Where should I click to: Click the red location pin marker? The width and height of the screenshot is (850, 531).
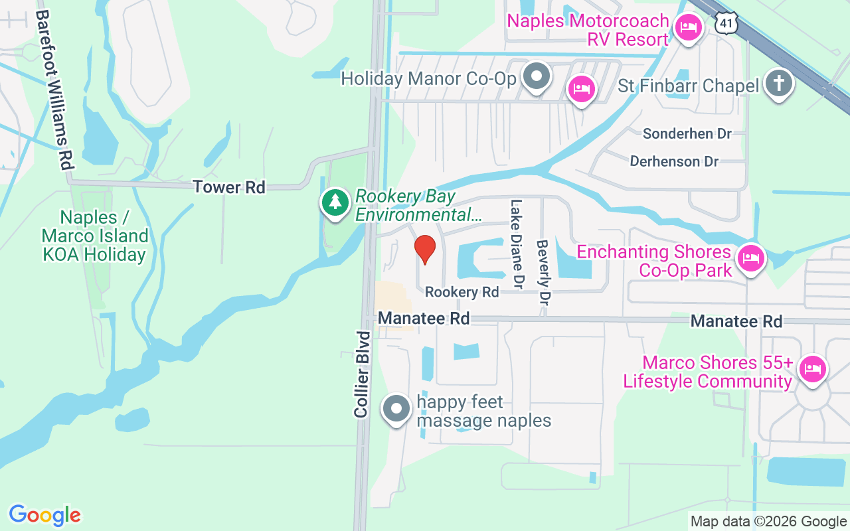pyautogui.click(x=425, y=249)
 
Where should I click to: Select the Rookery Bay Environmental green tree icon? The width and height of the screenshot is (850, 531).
pyautogui.click(x=335, y=202)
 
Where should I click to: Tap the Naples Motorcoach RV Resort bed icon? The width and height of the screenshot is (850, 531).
pyautogui.click(x=689, y=28)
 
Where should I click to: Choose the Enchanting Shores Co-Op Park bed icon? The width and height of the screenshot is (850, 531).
pyautogui.click(x=750, y=258)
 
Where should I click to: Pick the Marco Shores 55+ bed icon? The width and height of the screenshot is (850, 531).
pyautogui.click(x=813, y=368)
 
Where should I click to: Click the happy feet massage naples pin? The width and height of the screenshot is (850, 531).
pyautogui.click(x=397, y=409)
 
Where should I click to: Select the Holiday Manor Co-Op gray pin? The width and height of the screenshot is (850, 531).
pyautogui.click(x=536, y=76)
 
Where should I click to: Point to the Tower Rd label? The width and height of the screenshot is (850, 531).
pyautogui.click(x=229, y=187)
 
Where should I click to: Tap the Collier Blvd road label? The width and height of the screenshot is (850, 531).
pyautogui.click(x=362, y=374)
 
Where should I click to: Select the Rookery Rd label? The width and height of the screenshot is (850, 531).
pyautogui.click(x=462, y=292)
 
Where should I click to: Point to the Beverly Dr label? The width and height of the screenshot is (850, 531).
pyautogui.click(x=544, y=272)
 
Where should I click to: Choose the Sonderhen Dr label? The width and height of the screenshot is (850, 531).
pyautogui.click(x=687, y=134)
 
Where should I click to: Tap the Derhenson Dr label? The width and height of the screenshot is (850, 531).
pyautogui.click(x=674, y=161)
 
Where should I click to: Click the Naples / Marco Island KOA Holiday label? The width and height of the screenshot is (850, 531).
pyautogui.click(x=94, y=236)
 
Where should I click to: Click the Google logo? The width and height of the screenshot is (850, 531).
pyautogui.click(x=45, y=515)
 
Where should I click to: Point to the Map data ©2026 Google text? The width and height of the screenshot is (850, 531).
pyautogui.click(x=768, y=522)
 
